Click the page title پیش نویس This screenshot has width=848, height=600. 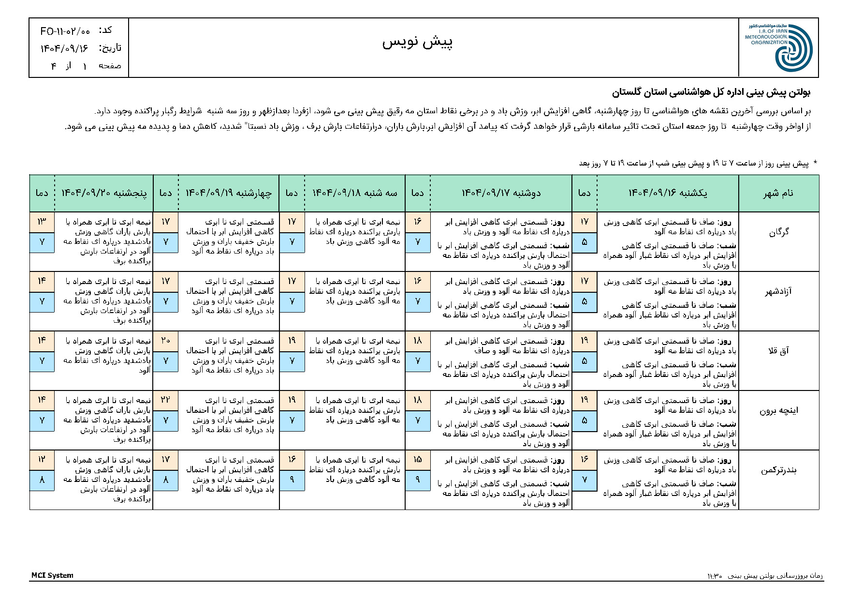[x=417, y=43]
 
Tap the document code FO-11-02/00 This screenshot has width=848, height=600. [x=65, y=31]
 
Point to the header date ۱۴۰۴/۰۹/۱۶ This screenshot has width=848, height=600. [x=64, y=48]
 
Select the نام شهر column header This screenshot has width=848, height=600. [x=778, y=193]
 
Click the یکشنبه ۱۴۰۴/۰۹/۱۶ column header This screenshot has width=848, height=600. [x=667, y=193]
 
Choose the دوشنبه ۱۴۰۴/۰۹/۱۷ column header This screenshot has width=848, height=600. [x=501, y=193]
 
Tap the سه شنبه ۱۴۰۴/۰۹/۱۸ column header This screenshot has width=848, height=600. [x=354, y=193]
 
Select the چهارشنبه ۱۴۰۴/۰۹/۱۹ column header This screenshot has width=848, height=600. [x=229, y=193]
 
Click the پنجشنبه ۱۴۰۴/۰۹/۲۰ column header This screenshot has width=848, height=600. [x=104, y=193]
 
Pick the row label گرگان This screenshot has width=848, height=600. [x=779, y=232]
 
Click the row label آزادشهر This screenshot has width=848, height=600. [x=778, y=292]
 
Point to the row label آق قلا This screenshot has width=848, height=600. [x=778, y=351]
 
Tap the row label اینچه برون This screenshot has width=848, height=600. [x=778, y=411]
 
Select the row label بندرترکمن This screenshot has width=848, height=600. [x=778, y=470]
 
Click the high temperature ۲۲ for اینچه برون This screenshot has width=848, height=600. [x=165, y=400]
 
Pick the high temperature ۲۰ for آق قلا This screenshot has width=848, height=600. [x=165, y=341]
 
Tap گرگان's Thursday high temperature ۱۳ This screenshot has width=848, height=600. [x=42, y=222]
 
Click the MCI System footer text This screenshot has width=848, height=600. [x=52, y=575]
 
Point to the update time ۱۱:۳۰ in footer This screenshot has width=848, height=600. [x=714, y=576]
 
